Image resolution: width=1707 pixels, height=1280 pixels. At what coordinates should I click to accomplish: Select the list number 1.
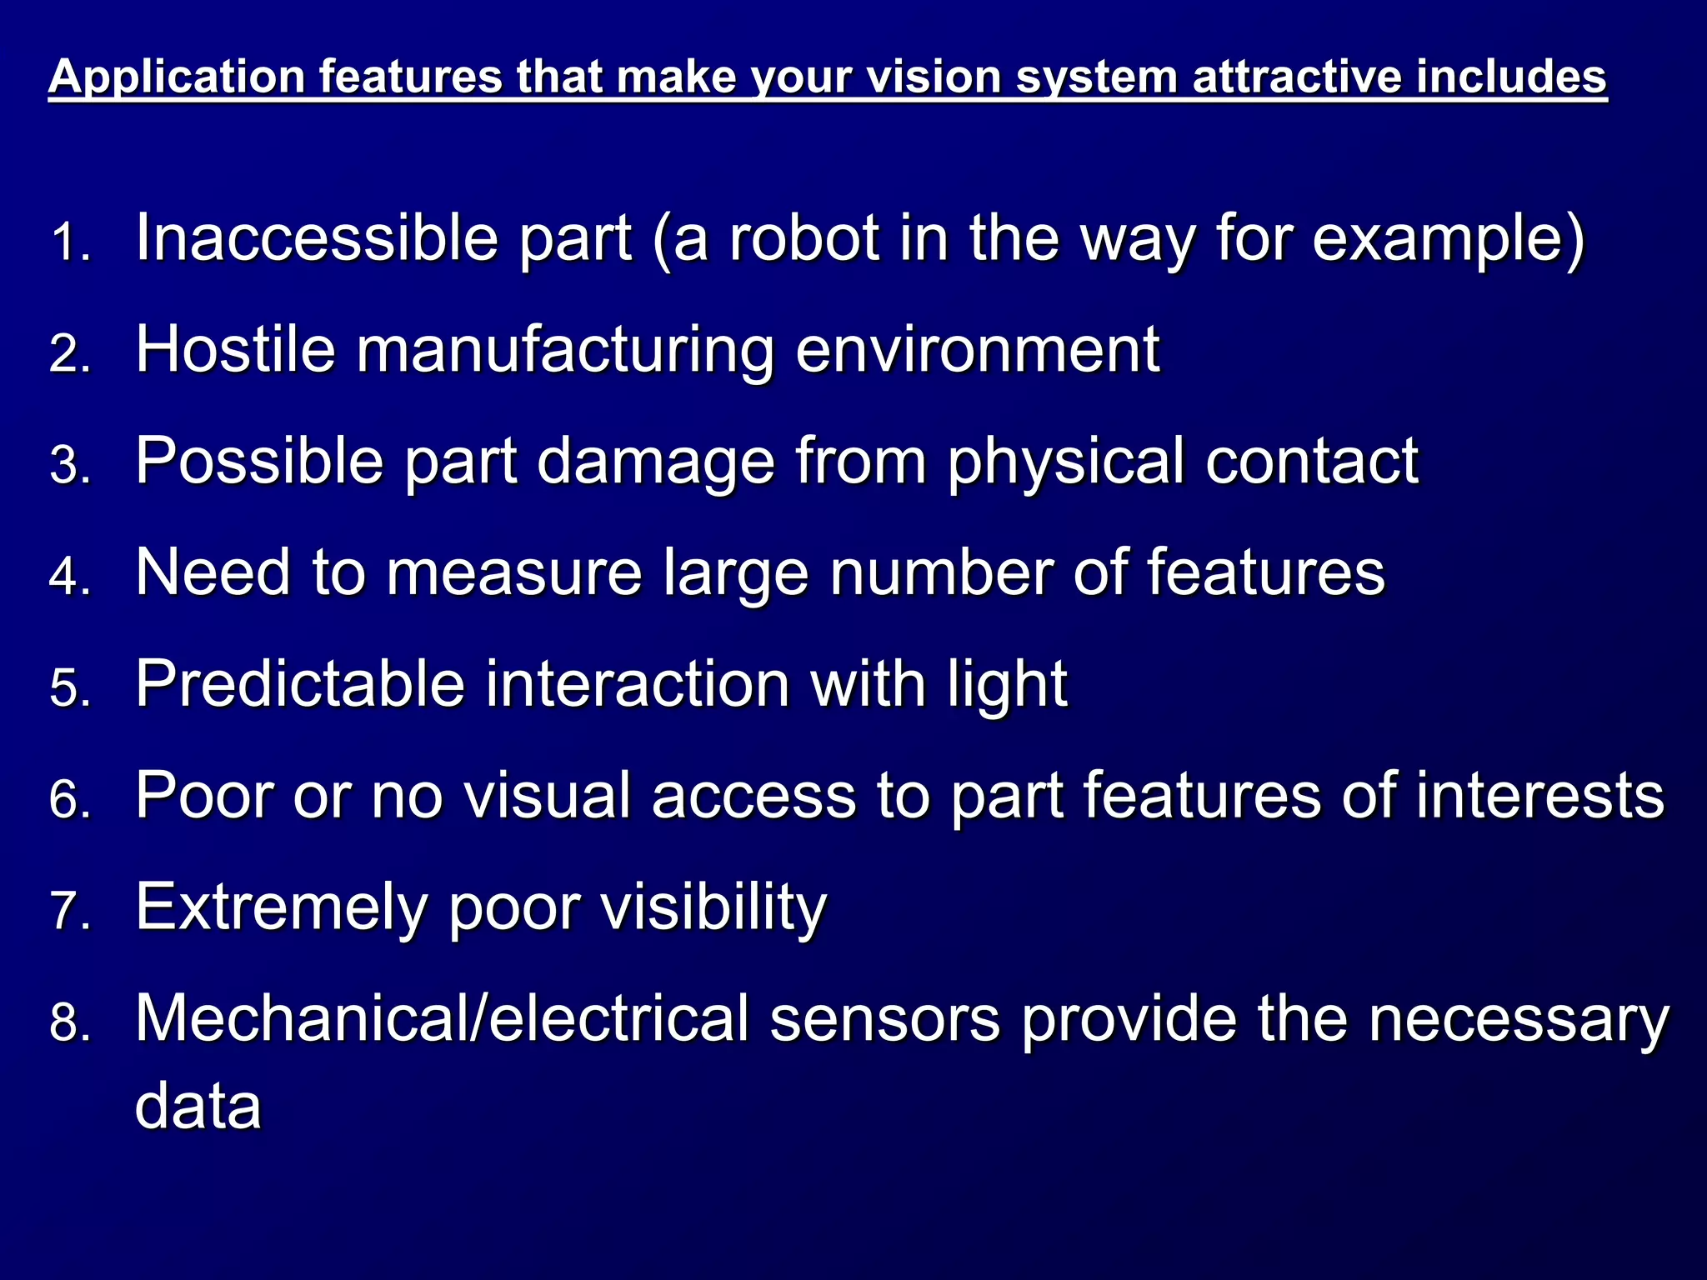[69, 244]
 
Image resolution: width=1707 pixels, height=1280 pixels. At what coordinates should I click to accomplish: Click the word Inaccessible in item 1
[318, 238]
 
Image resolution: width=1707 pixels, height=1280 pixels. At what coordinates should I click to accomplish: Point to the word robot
[804, 238]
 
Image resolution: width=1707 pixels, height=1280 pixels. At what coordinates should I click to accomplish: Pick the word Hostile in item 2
[236, 349]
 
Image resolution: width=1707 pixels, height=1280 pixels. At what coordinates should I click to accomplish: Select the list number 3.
[69, 464]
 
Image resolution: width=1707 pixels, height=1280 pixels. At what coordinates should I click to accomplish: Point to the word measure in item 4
[514, 573]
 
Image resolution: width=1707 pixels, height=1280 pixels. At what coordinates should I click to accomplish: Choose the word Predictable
[300, 684]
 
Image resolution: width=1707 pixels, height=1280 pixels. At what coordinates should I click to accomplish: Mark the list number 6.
[69, 799]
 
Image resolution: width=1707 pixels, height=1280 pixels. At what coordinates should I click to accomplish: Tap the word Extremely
[281, 908]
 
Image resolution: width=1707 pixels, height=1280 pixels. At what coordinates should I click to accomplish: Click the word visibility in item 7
[714, 908]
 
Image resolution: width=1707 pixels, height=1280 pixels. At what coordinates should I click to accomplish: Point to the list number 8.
[69, 1022]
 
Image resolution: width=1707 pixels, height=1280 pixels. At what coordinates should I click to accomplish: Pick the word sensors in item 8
[884, 1019]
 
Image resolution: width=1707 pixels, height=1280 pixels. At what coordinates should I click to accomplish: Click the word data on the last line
[198, 1106]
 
